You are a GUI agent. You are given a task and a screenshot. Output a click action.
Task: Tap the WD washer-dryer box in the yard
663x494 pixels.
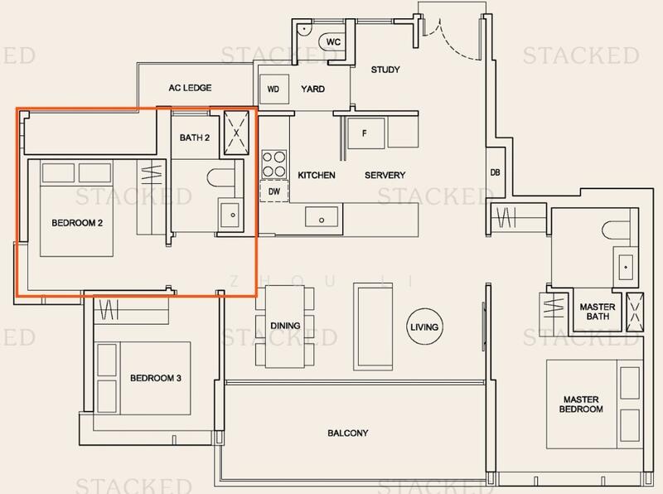pos(273,89)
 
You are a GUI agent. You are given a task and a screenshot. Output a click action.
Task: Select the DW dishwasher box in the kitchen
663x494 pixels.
pos(273,191)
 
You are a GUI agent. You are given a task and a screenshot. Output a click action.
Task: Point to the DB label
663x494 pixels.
pos(496,172)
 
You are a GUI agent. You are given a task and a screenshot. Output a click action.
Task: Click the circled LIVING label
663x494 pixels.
pos(423,327)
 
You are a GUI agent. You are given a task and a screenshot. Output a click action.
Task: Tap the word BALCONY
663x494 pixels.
pos(346,433)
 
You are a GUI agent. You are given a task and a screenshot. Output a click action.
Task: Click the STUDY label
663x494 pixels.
pos(385,70)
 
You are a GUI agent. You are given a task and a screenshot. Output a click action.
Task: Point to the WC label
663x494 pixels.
pos(333,42)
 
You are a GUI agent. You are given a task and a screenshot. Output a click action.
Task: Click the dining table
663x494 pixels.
pos(286,326)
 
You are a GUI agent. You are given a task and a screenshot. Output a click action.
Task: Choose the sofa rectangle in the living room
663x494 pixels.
pos(367,325)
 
